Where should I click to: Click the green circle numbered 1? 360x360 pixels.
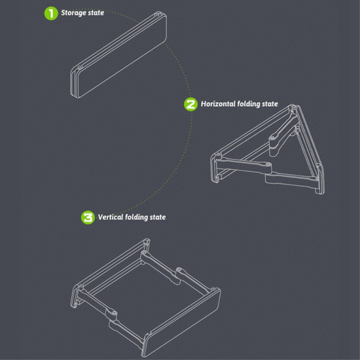tap(51, 13)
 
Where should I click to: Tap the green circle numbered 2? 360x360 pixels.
tap(190, 104)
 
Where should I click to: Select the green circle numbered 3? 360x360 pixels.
tap(88, 217)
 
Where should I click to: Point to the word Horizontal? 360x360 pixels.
tap(218, 104)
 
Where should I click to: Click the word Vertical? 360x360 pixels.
tap(110, 217)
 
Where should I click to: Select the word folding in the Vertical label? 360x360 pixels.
tap(136, 217)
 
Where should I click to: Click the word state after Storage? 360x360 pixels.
tap(96, 13)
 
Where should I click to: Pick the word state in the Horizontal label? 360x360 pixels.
tap(270, 104)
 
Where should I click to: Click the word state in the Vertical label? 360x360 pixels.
tap(157, 217)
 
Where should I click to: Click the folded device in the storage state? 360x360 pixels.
tap(118, 54)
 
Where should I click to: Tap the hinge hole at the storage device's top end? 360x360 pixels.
tap(157, 15)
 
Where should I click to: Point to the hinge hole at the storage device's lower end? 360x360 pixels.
tap(80, 67)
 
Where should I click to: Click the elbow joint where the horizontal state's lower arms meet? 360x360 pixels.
tap(268, 164)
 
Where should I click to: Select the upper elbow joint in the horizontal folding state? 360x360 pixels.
tap(273, 139)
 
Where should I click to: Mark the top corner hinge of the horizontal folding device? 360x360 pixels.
tap(293, 108)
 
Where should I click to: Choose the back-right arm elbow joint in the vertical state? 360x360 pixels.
tap(179, 270)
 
